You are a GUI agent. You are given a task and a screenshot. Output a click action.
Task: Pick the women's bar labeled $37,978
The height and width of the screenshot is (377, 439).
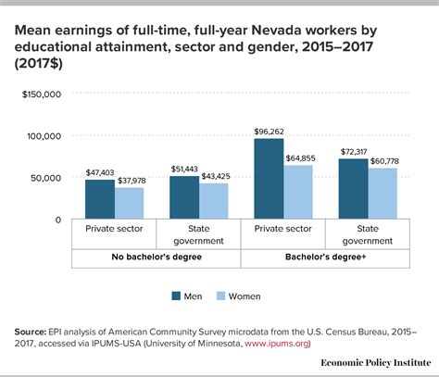click(x=129, y=203)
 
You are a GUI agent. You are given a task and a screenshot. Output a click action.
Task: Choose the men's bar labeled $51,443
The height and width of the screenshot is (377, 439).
click(x=185, y=197)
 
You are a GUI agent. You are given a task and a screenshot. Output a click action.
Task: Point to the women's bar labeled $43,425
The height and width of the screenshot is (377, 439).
click(x=213, y=201)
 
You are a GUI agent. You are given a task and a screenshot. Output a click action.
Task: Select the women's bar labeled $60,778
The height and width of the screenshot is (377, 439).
click(x=383, y=194)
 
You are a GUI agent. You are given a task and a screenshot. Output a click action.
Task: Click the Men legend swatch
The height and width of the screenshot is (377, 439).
click(x=176, y=296)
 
